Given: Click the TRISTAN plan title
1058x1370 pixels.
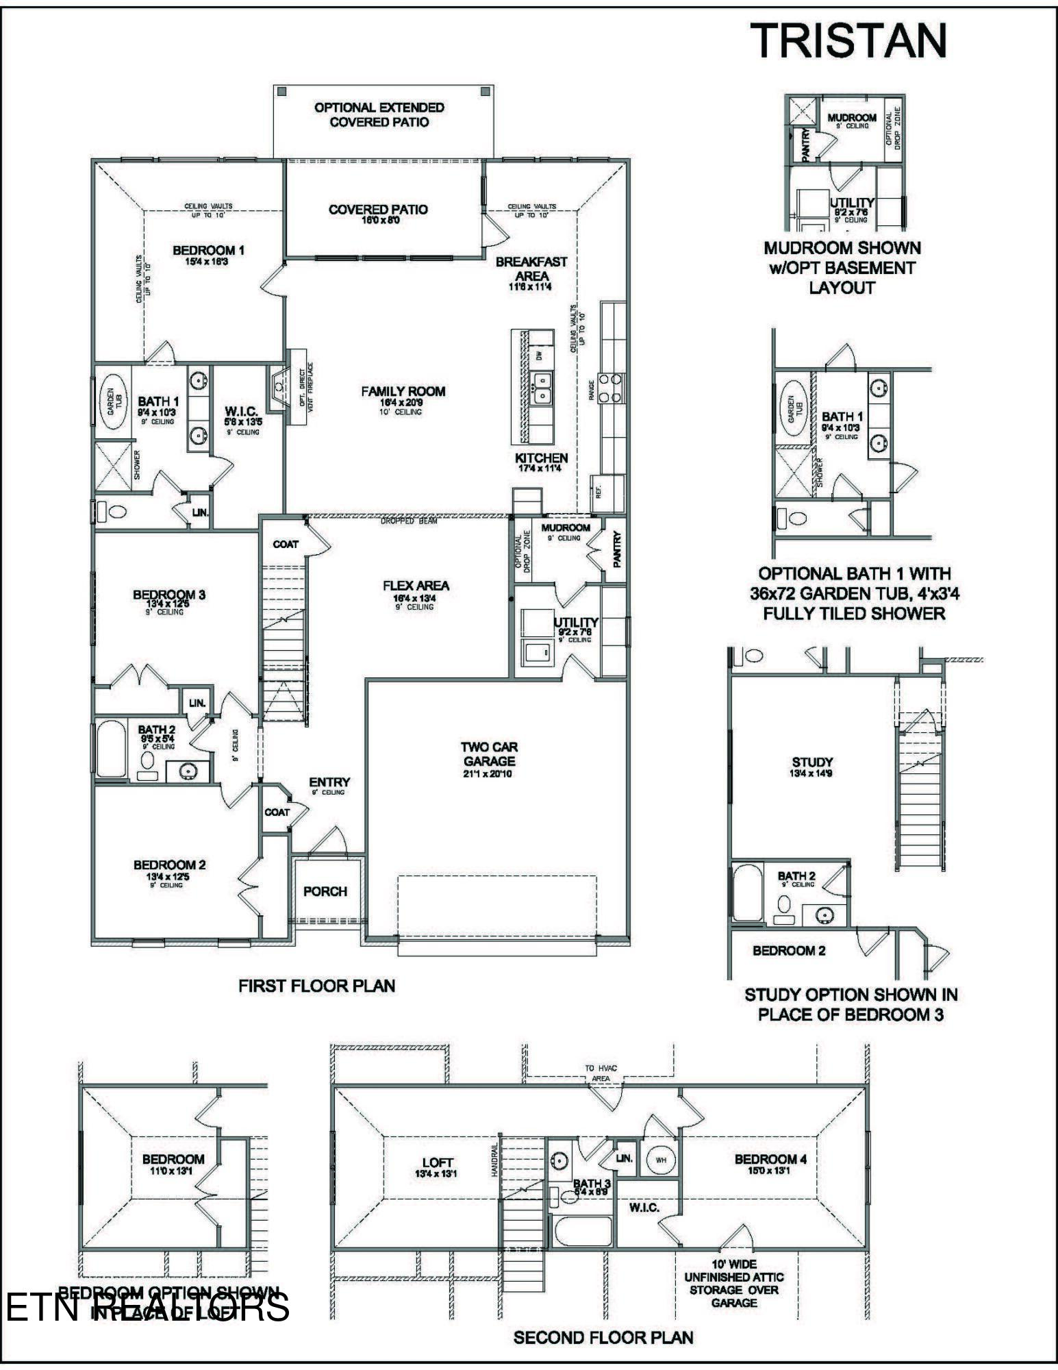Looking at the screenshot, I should point(849,40).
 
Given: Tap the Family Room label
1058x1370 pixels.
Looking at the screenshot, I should point(403,392).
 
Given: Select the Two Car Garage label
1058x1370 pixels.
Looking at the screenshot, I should point(488,754).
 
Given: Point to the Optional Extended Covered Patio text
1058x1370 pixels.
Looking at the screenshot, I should point(379,114).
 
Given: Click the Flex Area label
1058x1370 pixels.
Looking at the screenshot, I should point(416,586).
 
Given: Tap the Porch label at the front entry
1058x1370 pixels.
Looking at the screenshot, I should point(325,891).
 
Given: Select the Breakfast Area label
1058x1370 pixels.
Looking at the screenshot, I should point(531,269).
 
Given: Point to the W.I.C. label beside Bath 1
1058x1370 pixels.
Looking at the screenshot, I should point(241,412).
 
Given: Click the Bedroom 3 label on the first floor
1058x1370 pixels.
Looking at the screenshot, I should point(169,595).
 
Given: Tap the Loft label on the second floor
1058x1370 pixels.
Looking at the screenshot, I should point(437,1162).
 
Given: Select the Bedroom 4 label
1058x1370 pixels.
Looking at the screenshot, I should point(770,1159).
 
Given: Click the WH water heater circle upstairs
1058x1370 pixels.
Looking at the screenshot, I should point(660,1160).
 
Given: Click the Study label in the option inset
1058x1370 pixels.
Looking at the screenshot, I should point(812,762).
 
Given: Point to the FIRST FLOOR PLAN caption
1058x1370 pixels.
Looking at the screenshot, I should point(316,986).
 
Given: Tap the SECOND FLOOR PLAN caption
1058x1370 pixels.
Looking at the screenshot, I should point(603,1337).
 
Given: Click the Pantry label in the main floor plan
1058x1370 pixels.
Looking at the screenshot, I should point(616,549).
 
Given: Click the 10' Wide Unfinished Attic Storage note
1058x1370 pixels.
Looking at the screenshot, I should point(733,1283).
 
